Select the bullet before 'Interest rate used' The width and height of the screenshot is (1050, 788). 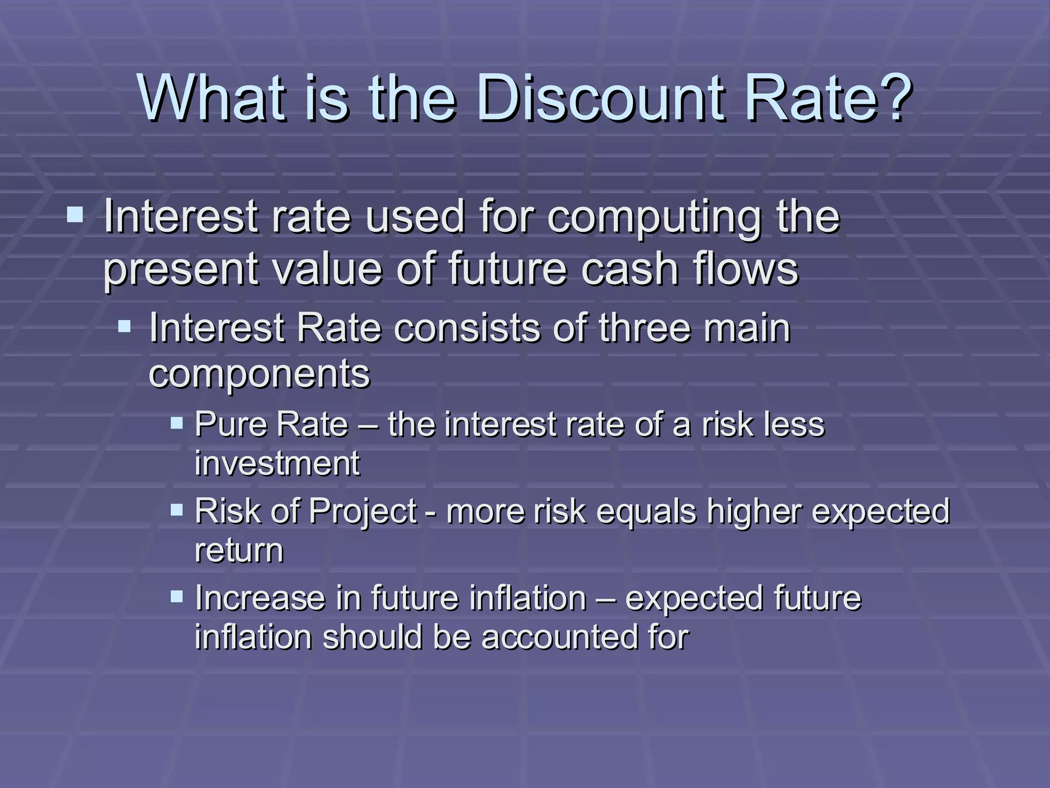(75, 214)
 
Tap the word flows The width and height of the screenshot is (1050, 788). (745, 269)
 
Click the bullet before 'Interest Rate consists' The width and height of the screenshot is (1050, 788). (125, 326)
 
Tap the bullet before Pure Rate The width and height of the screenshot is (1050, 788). (177, 423)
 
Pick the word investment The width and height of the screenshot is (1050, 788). (277, 463)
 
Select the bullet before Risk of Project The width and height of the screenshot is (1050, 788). (177, 509)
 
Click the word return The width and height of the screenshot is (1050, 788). (239, 551)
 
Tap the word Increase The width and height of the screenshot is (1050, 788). (260, 598)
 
